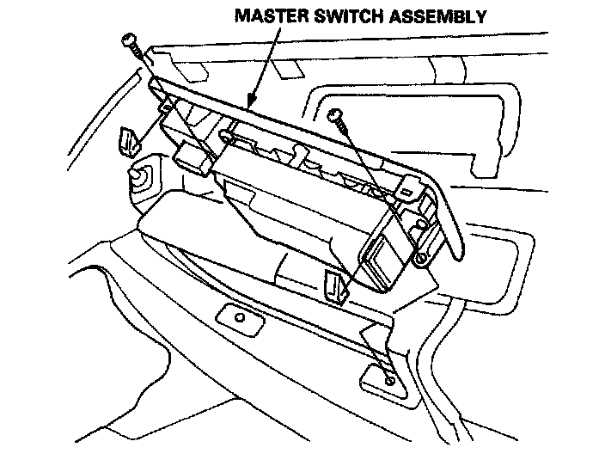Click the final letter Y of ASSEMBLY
(481, 15)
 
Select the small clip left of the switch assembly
(129, 139)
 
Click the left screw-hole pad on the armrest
(238, 316)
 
